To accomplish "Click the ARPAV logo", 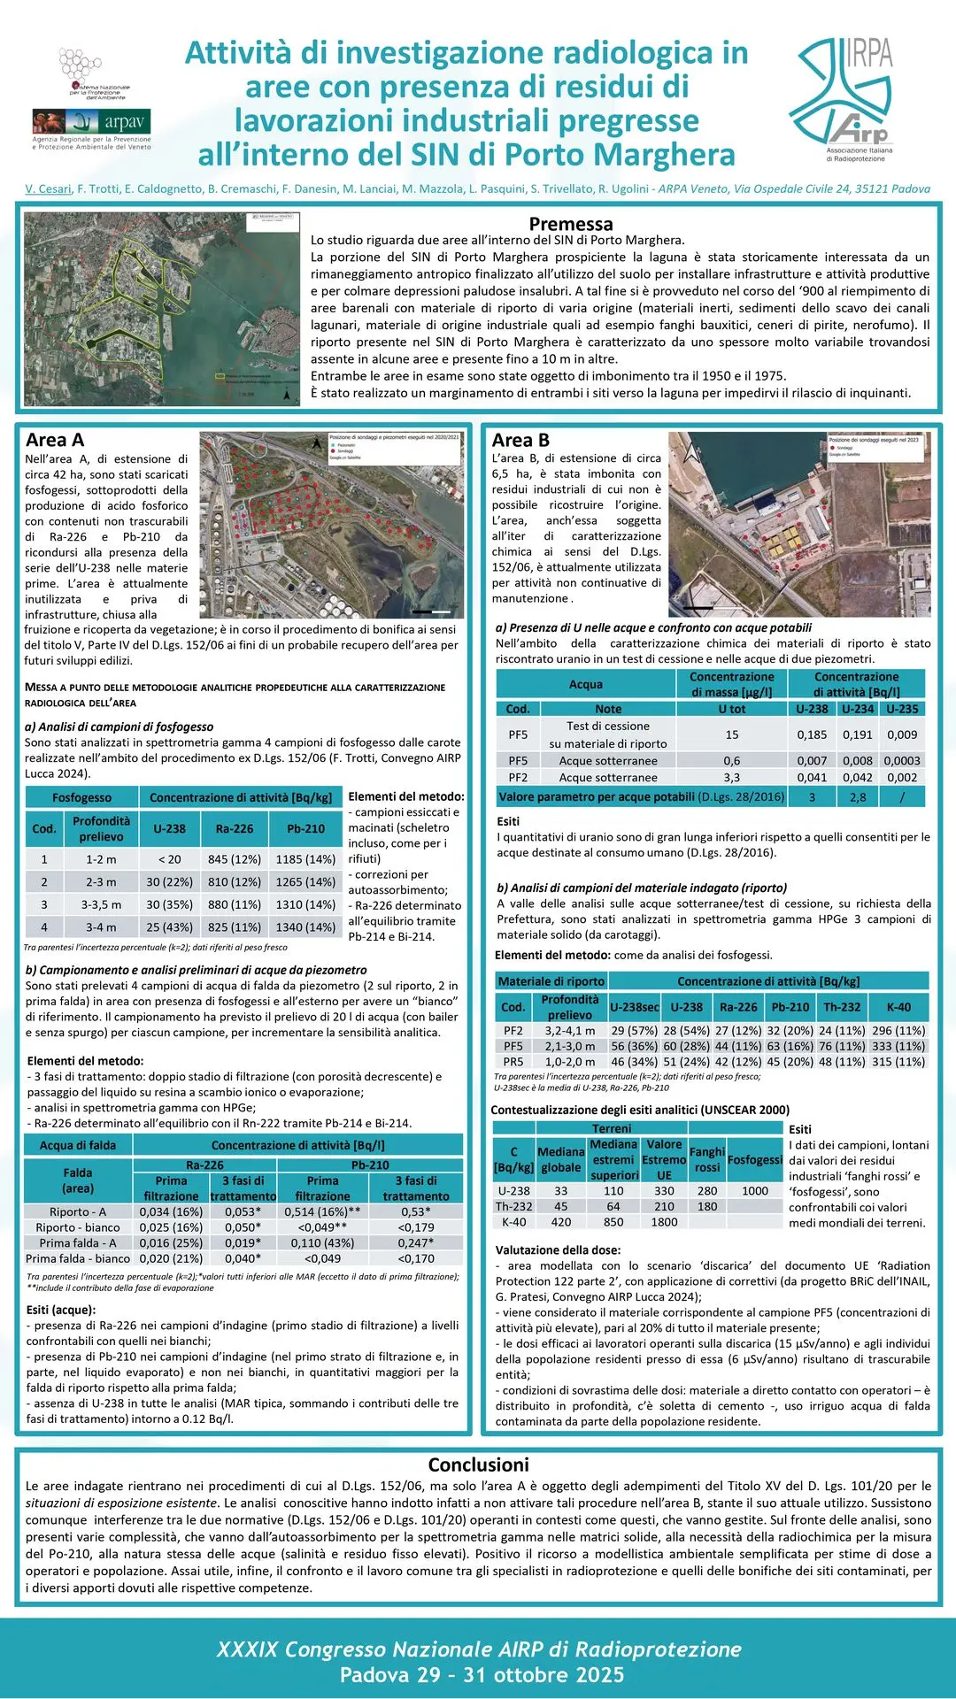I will (92, 121).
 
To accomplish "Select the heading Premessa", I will (570, 224).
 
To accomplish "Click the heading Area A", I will (55, 440).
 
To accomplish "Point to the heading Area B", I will (520, 440).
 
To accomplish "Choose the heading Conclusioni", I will (478, 1465).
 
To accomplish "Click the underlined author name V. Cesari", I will (48, 188).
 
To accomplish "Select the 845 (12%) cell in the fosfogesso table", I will (235, 859).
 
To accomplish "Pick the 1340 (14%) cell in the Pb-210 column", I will (305, 927).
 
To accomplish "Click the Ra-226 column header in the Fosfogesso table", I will (235, 829).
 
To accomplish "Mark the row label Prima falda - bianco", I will (78, 1258).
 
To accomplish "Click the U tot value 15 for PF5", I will (732, 734).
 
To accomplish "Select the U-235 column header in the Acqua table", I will (902, 709).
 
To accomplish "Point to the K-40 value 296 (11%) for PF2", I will (898, 1030).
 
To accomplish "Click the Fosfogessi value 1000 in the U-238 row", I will (755, 1190).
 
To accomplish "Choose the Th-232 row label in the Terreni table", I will (513, 1206).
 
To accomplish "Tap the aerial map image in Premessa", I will (161, 309).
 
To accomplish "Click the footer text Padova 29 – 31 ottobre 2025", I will (482, 1674).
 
